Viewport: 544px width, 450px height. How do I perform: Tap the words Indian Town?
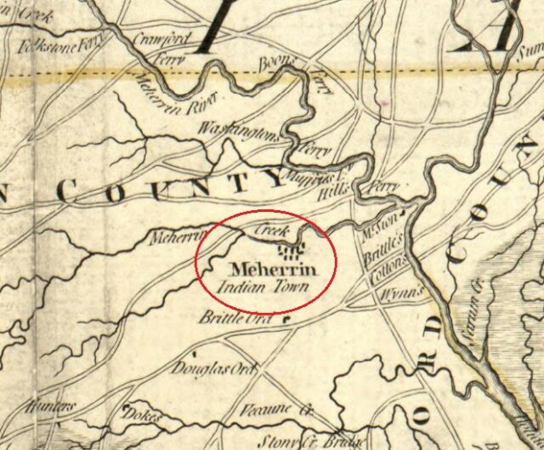tap(264, 287)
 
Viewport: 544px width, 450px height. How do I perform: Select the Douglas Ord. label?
tap(202, 368)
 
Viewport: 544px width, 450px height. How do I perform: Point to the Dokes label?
tap(143, 416)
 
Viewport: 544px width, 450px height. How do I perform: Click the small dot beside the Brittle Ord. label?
tap(286, 320)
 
